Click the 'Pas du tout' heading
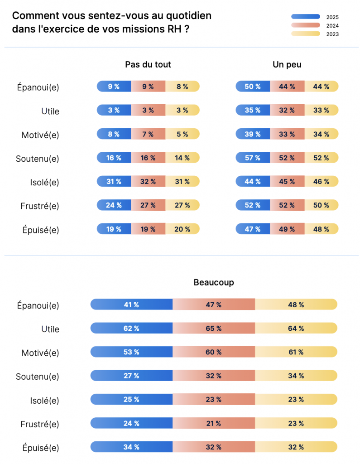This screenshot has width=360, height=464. (148, 64)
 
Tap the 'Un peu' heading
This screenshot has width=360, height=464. (287, 64)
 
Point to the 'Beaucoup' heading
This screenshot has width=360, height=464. (214, 282)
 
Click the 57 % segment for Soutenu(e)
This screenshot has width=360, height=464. (253, 158)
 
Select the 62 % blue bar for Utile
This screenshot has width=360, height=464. (131, 328)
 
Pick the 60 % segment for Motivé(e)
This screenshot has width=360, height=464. (214, 352)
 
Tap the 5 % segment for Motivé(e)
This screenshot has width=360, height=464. (182, 134)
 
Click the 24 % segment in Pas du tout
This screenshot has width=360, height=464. (114, 205)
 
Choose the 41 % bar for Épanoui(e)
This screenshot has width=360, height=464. (131, 304)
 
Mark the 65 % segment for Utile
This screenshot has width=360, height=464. (214, 328)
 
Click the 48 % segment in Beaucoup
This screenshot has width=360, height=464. (296, 304)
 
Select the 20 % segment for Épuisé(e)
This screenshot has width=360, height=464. (182, 229)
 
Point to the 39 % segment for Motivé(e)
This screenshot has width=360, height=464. (253, 134)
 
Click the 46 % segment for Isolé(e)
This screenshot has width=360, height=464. (321, 181)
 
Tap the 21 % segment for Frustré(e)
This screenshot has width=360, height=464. (214, 423)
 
